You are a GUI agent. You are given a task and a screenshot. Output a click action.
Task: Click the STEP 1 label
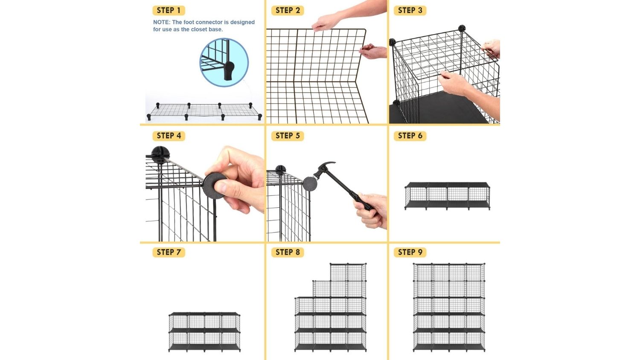coord(169,11)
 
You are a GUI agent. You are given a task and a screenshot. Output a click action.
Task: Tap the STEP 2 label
coord(288,11)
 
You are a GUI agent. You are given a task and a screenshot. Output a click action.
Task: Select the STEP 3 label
coord(410,11)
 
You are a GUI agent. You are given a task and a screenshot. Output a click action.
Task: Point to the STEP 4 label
coord(169,136)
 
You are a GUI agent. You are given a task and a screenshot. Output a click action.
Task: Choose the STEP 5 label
coord(288,136)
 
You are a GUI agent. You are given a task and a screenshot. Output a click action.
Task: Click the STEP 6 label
coord(410,136)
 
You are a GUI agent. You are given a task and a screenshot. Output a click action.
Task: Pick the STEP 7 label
coord(169,252)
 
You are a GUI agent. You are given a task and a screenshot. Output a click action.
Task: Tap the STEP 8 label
coord(288,252)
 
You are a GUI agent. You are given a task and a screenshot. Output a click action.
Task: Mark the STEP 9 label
coord(410,252)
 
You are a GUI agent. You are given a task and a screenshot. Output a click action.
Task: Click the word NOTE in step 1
coord(161,22)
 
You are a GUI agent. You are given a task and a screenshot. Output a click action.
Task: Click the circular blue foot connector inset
coord(224,63)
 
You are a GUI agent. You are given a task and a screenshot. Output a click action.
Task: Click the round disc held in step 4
coord(215,186)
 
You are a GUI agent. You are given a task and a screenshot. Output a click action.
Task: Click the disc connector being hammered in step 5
coord(310,184)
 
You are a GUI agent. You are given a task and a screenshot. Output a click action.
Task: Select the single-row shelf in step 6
coord(447,196)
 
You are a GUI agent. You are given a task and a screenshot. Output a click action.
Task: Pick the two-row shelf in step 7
coord(204,332)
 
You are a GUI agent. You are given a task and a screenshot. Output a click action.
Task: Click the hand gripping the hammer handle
coord(372,211)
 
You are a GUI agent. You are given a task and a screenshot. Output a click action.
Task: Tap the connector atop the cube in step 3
coord(462,28)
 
